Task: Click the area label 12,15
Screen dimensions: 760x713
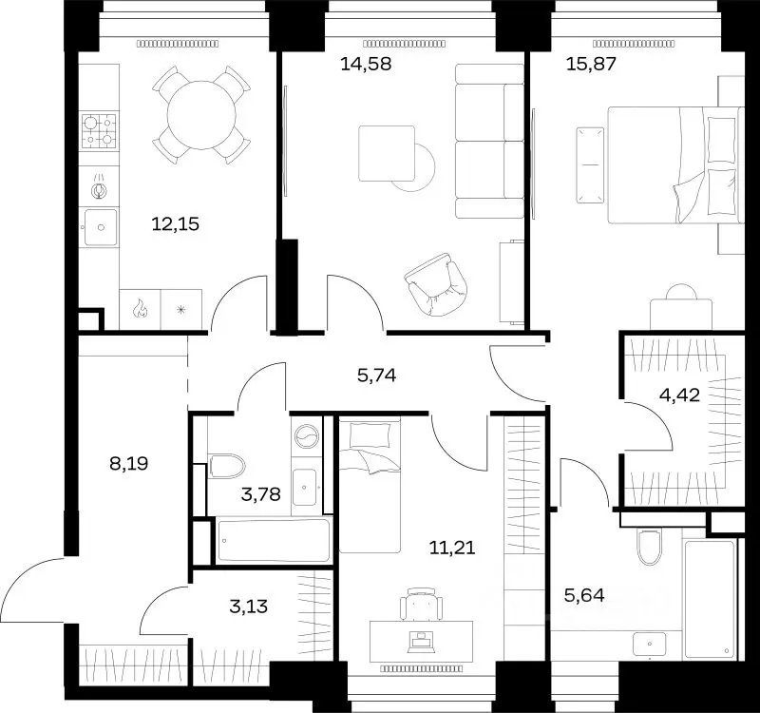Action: [176, 224]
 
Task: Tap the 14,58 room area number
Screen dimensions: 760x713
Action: [366, 64]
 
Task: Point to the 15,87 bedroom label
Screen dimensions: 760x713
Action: [591, 64]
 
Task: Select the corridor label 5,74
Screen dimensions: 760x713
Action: [376, 375]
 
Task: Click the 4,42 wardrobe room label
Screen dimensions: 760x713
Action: [679, 395]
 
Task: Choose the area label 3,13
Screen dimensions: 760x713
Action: [249, 607]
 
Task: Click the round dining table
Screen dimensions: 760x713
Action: [201, 115]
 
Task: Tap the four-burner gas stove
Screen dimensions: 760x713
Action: [100, 131]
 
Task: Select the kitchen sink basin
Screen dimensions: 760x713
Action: [101, 227]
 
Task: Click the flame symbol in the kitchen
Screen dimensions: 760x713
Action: [140, 308]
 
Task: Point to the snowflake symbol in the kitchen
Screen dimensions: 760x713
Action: [180, 310]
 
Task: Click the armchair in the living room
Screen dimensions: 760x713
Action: [437, 284]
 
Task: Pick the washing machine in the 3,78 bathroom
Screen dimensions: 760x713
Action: [305, 435]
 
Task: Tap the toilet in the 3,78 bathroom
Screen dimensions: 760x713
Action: [226, 466]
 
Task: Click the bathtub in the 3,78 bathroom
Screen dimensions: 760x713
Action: [274, 540]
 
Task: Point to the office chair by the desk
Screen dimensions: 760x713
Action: [422, 604]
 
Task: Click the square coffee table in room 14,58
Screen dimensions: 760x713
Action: [387, 153]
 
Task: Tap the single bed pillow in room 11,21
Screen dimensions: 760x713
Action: [370, 435]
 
